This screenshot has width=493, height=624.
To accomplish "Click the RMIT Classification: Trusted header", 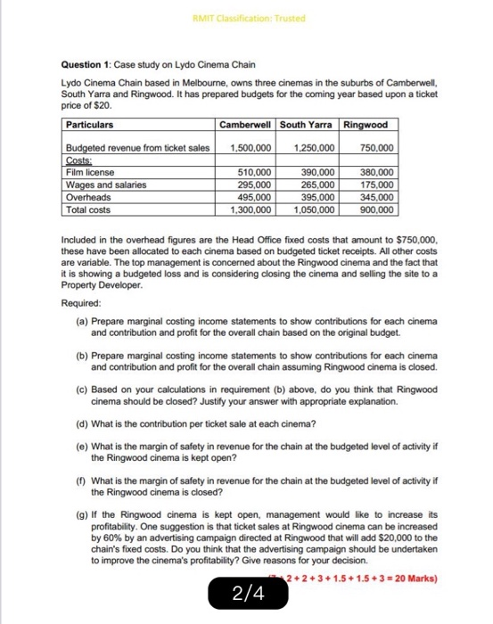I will (246, 14).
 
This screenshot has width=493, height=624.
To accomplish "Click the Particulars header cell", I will (90, 125).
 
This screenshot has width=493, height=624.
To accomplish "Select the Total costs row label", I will (88, 211).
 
